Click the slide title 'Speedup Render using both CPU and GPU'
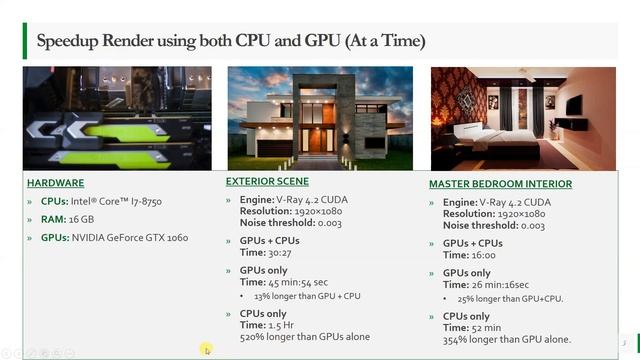pos(230,41)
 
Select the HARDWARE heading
pos(55,183)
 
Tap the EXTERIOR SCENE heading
pos(267,181)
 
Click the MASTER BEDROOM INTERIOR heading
pos(500,184)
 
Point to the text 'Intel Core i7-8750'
pos(117,202)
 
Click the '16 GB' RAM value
pos(82,219)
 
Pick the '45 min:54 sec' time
pos(289,282)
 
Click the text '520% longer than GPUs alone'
pos(305,337)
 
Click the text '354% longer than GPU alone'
pos(507,340)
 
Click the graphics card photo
pos(117,119)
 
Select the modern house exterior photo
pos(319,119)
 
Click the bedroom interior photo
pos(522,119)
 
